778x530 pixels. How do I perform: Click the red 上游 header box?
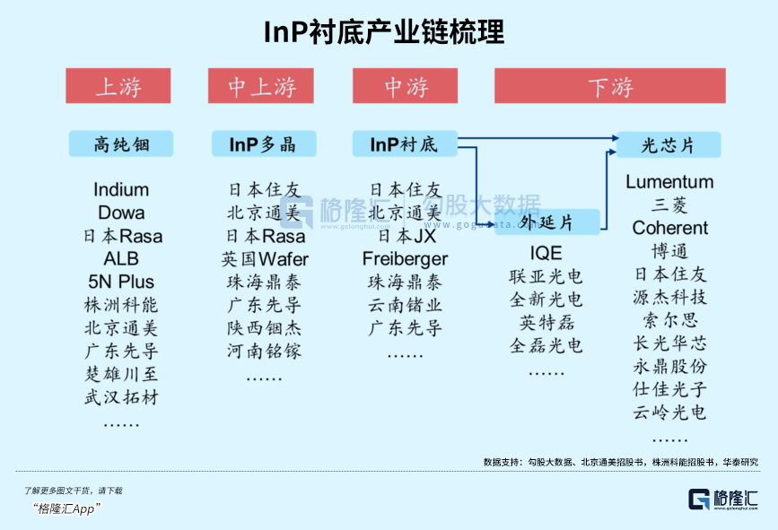point(118,86)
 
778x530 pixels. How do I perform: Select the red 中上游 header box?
point(261,86)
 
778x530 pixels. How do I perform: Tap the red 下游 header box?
point(611,86)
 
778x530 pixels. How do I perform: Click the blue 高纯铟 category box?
point(121,144)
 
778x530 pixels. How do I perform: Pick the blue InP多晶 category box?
point(262,144)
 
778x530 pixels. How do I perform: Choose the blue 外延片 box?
point(546,222)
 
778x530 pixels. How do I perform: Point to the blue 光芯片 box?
point(669,144)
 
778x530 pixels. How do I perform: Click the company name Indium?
point(121,189)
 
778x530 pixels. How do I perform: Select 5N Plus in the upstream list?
point(121,282)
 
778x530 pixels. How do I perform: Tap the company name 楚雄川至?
point(121,374)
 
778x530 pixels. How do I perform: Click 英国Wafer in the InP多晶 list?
point(265,259)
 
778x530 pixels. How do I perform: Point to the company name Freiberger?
point(405,259)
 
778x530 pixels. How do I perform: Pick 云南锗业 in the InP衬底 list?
point(405,305)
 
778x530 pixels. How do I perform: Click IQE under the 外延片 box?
point(546,253)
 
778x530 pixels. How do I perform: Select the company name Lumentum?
point(669,182)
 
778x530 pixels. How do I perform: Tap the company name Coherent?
point(669,228)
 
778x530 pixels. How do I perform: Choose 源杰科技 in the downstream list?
point(669,297)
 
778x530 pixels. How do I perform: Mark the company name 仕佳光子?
point(669,389)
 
